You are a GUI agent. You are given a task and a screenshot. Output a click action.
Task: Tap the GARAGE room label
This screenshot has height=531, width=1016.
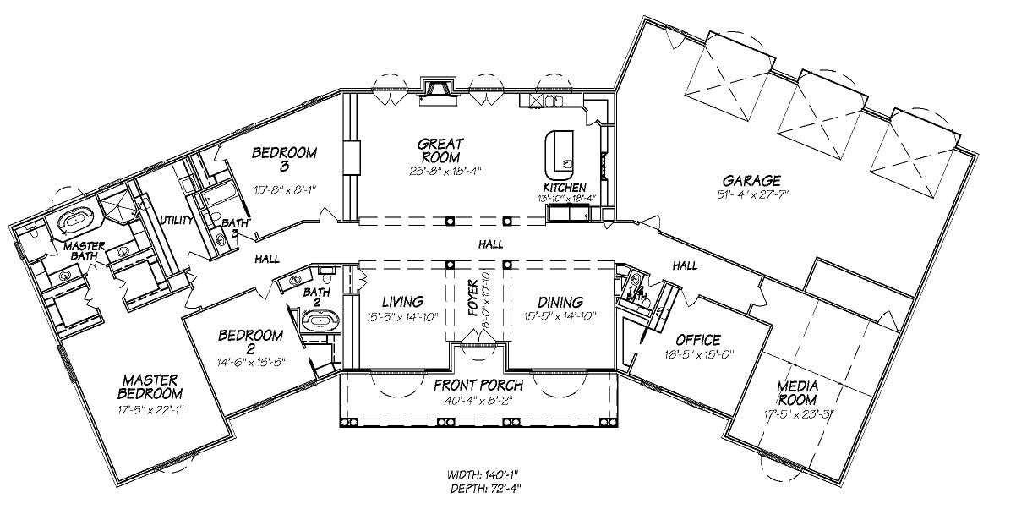751,180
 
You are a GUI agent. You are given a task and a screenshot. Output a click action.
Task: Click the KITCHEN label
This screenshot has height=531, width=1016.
564,187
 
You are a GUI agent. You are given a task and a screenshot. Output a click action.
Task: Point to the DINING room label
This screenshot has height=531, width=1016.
559,302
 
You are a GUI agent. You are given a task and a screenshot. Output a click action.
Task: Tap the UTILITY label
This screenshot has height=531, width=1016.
177,220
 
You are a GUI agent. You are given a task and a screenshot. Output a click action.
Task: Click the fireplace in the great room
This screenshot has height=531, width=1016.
438,90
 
